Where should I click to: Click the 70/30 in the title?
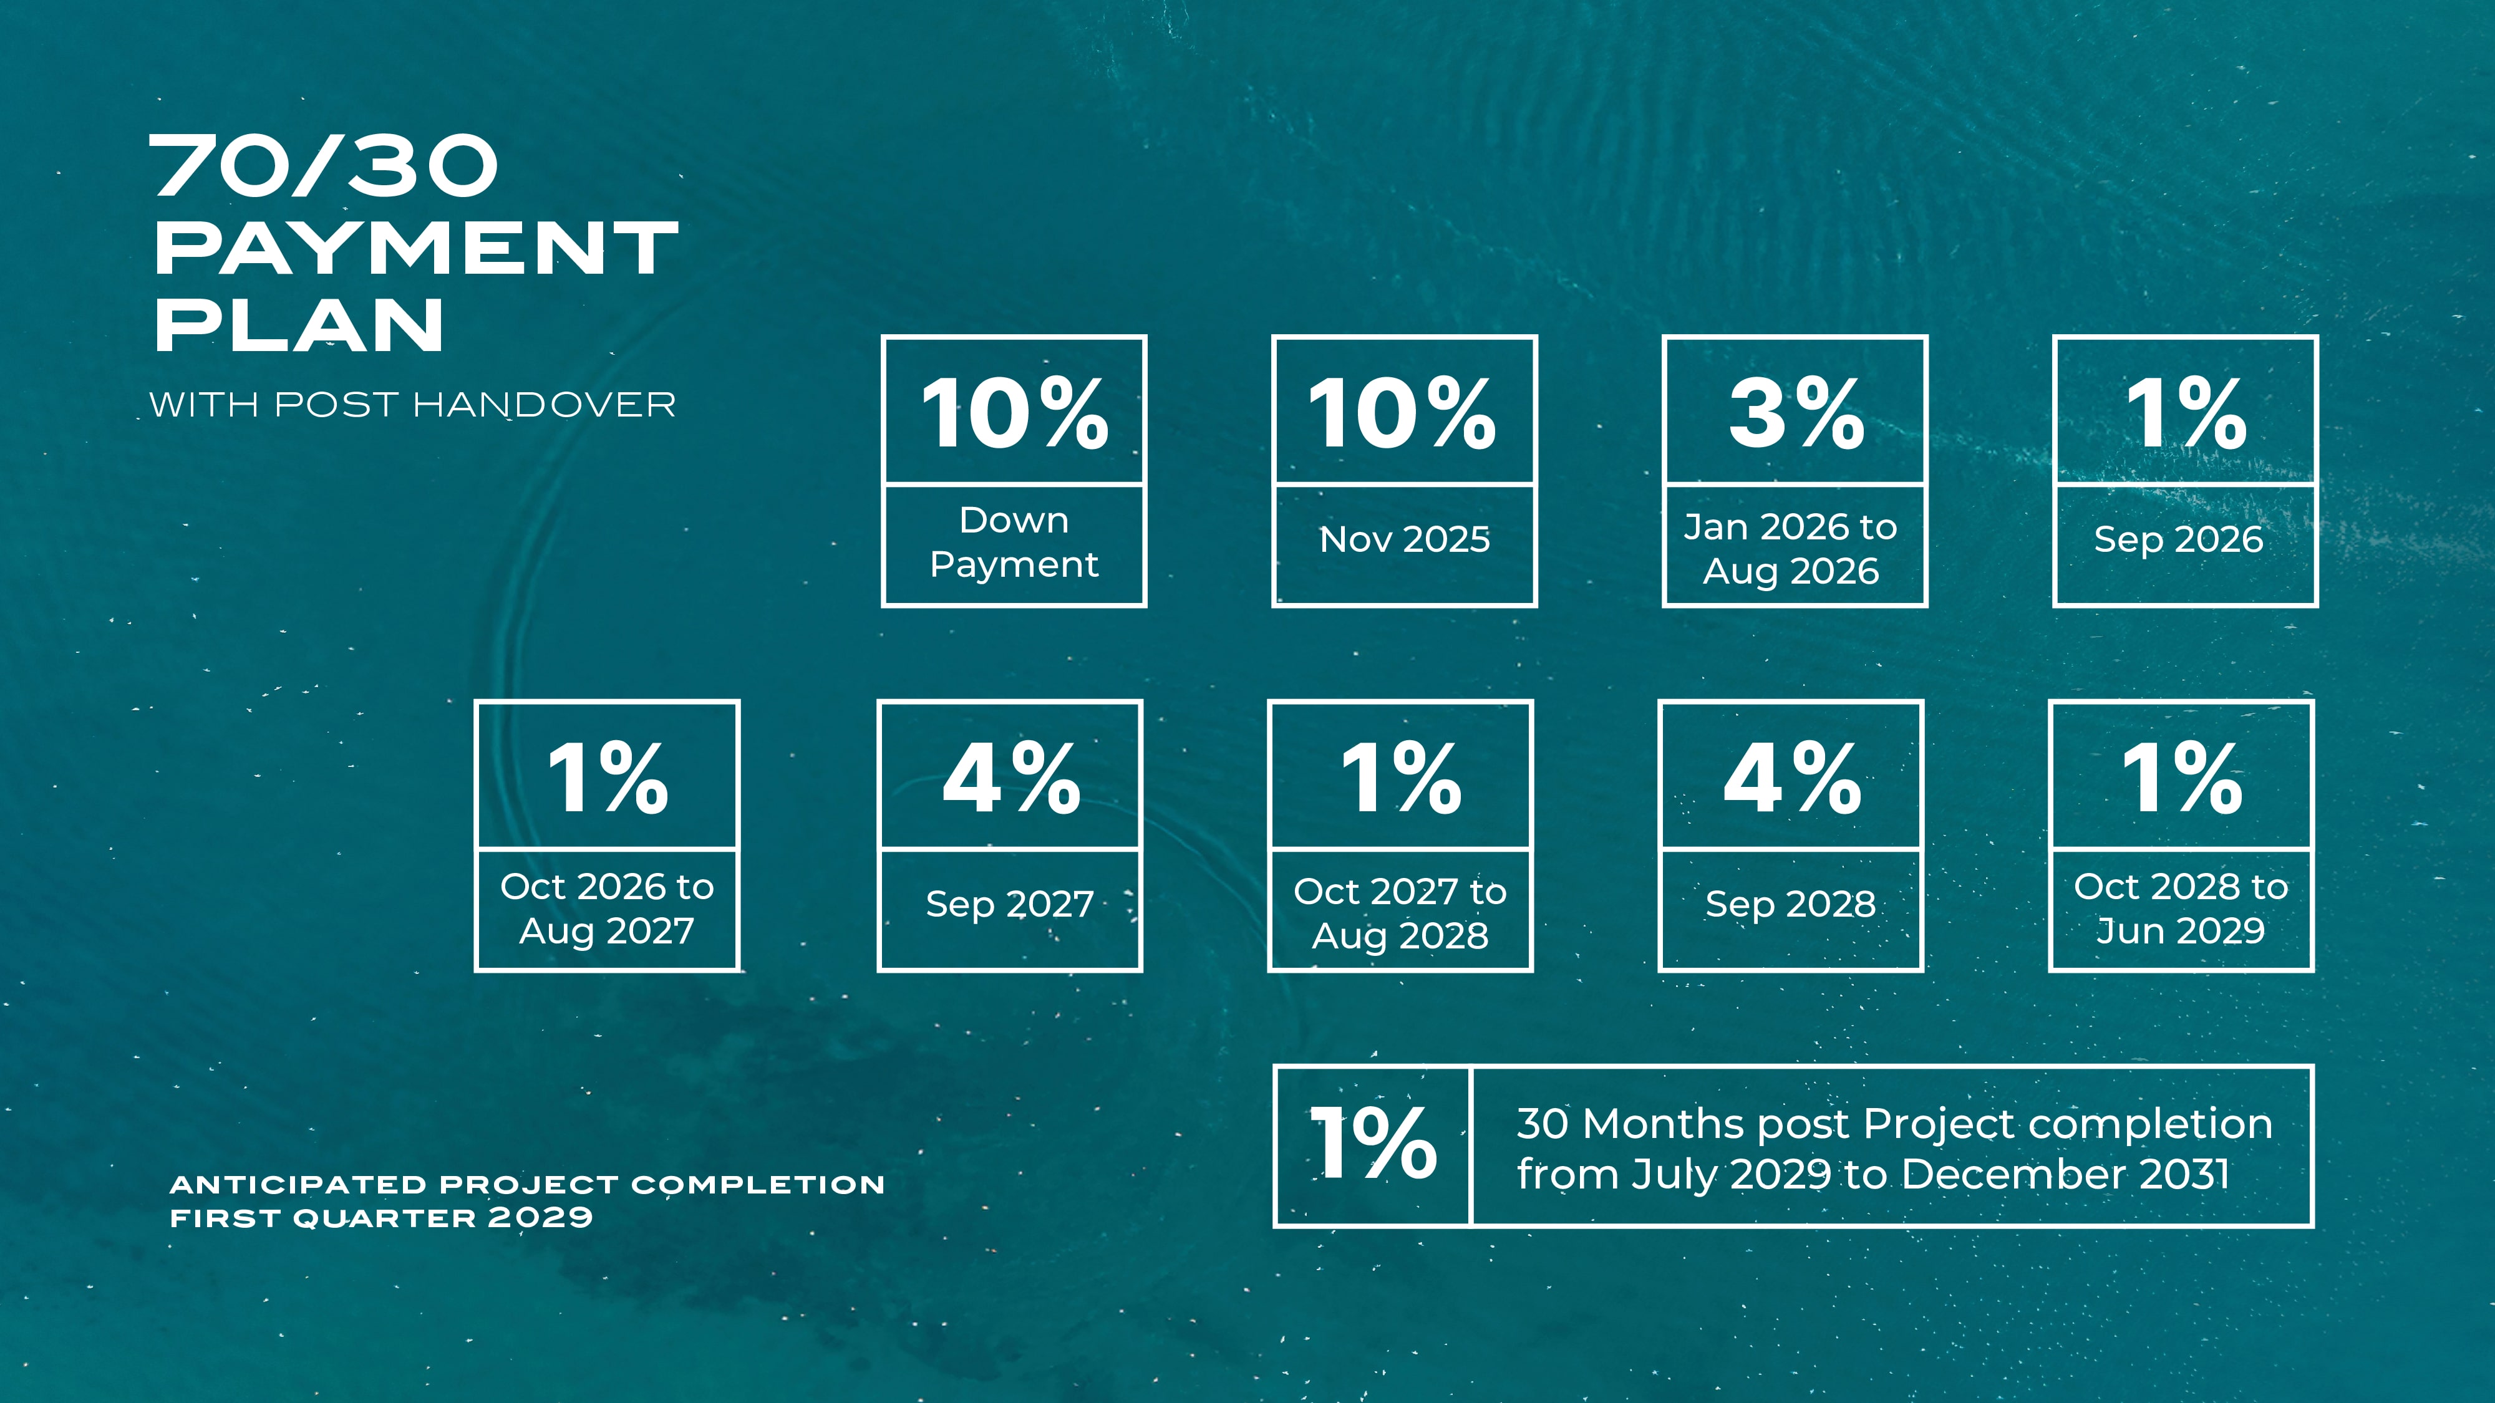[x=324, y=166]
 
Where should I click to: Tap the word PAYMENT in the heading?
[x=417, y=248]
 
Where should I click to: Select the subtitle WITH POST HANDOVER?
[x=412, y=405]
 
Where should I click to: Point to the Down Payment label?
[x=1014, y=542]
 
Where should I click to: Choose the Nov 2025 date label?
[x=1405, y=539]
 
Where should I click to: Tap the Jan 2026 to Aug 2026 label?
[x=1791, y=549]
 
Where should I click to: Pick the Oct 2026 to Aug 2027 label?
[x=608, y=909]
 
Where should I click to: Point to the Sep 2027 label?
[x=1009, y=904]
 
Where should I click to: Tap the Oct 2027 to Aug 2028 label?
[x=1400, y=913]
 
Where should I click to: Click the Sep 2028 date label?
[x=1790, y=904]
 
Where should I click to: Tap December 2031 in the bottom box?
[x=2065, y=1175]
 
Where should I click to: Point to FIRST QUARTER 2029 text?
[x=380, y=1218]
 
